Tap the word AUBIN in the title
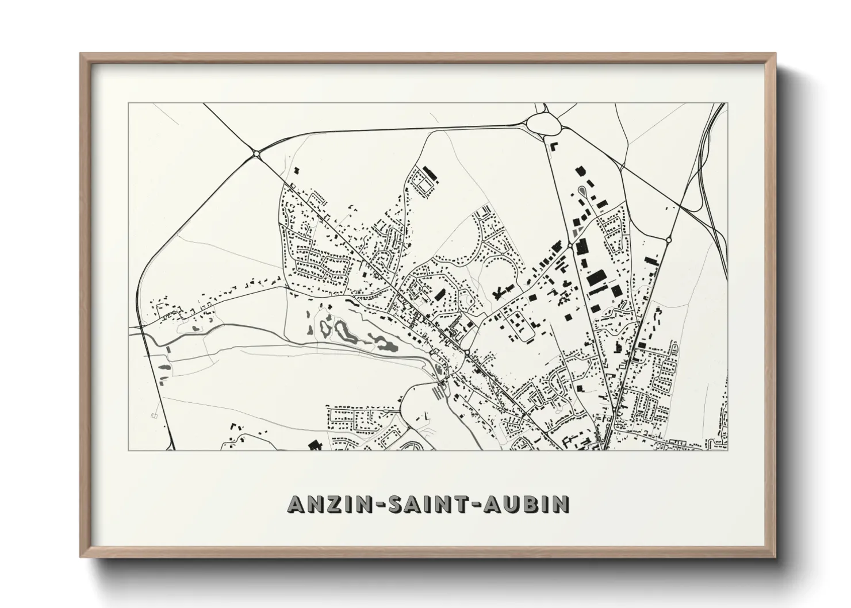[528, 503]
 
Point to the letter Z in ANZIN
[323, 503]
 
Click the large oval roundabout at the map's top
[542, 122]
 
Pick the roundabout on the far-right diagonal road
[668, 239]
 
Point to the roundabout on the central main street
[467, 352]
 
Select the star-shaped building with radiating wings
[499, 293]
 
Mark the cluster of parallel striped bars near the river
[439, 393]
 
